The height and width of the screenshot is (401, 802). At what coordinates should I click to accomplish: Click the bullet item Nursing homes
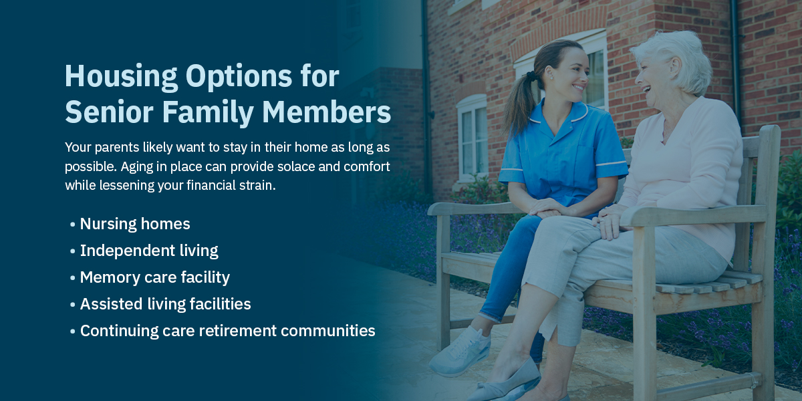click(135, 224)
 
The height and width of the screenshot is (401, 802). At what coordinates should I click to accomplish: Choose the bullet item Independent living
click(149, 251)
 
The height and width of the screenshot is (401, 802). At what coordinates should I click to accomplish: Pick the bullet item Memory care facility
click(154, 277)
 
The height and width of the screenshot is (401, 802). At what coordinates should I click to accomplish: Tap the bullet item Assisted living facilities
click(165, 304)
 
